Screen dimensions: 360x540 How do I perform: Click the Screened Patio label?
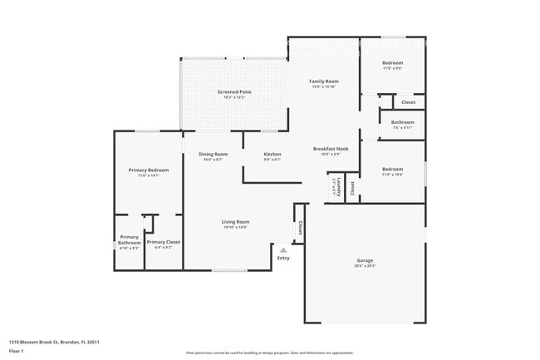pos(234,91)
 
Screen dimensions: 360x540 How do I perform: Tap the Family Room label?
pos(324,81)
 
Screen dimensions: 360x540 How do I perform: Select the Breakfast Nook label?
pos(331,149)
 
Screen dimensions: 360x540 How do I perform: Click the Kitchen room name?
pos(272,154)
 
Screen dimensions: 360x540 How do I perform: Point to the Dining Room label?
pos(213,154)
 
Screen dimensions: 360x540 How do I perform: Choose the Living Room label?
pos(235,222)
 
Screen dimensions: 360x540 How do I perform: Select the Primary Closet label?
pos(164,242)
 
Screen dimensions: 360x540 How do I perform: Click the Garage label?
pos(366,260)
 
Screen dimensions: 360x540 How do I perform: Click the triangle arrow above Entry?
pos(283,249)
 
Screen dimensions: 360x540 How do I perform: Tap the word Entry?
pos(283,258)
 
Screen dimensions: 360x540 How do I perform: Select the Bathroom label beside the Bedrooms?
pos(402,122)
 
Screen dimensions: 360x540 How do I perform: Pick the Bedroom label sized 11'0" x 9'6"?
pos(392,63)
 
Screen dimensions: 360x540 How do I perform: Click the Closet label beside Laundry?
pos(352,188)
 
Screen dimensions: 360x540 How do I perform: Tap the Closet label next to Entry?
pos(300,227)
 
